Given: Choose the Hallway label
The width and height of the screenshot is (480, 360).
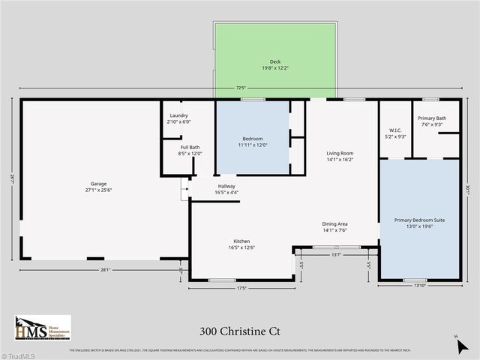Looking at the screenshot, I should [x=226, y=189].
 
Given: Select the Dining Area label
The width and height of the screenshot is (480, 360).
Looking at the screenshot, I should [x=334, y=227].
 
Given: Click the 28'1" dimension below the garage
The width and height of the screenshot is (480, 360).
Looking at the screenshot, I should [x=106, y=270].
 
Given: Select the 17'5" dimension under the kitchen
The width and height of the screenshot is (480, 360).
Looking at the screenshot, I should [x=241, y=287].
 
